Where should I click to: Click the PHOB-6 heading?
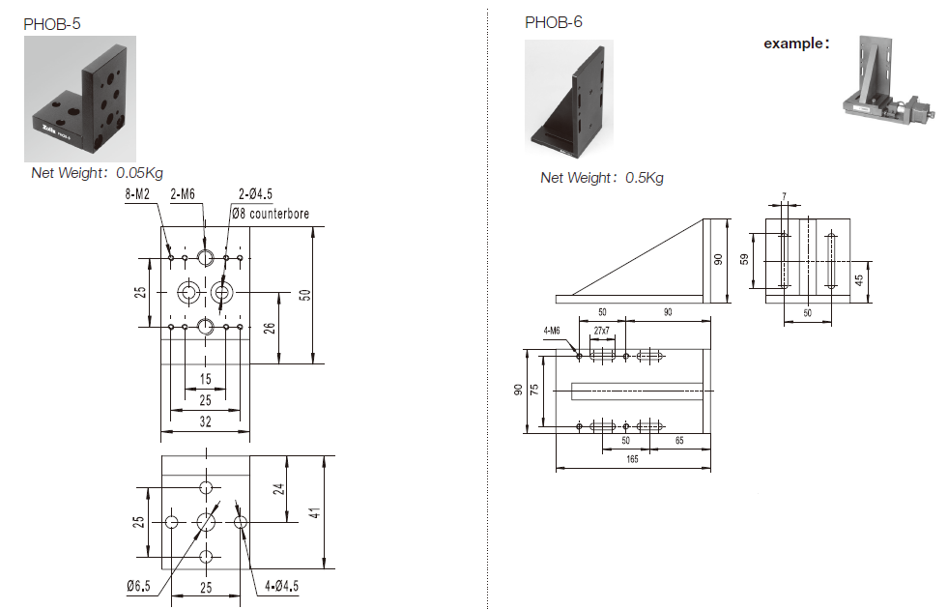(553, 22)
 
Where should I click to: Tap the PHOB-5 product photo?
(80, 99)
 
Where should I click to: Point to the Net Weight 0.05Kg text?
(98, 174)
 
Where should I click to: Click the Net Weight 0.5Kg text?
(601, 177)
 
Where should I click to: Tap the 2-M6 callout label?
(183, 195)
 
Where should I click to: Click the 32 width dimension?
(205, 422)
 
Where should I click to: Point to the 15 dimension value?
(205, 379)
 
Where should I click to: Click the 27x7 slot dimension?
(602, 332)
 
